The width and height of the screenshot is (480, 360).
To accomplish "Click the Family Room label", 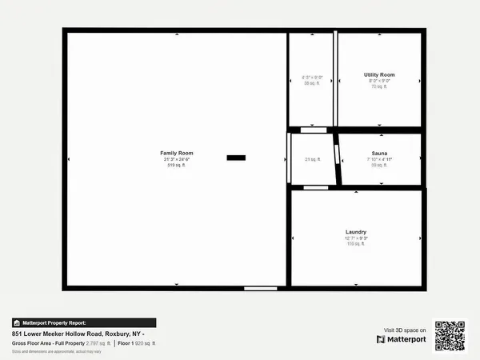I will (x=176, y=152).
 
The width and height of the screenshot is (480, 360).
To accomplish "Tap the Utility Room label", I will (x=378, y=74).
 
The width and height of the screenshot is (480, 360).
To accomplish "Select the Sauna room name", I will (x=379, y=152).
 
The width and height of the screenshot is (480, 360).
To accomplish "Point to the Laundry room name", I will (x=356, y=231).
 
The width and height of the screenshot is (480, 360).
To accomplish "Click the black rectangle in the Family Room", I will (x=236, y=158).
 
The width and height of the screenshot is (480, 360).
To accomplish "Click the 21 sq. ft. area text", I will (x=312, y=159).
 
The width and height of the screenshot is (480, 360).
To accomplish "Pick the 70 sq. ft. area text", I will (x=378, y=86).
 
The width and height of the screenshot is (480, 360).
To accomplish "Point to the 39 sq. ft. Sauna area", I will (x=379, y=165).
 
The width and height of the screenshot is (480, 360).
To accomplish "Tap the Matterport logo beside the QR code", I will (x=402, y=339).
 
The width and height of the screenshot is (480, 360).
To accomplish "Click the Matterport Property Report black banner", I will (x=83, y=322).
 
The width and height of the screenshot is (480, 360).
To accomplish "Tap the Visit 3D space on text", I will (x=405, y=329).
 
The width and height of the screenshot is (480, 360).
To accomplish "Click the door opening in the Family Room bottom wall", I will (x=260, y=287).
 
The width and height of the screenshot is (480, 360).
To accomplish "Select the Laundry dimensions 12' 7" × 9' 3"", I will (x=356, y=238).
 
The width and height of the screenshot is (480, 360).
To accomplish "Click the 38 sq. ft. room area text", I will (x=310, y=83).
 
